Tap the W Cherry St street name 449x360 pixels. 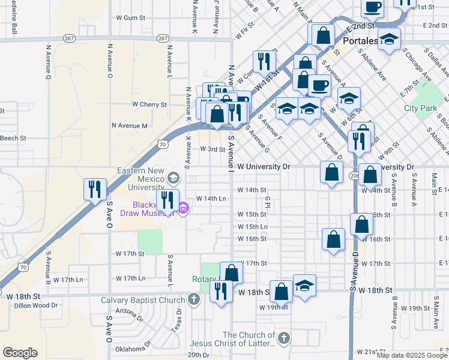149,104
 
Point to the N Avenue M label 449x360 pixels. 130,125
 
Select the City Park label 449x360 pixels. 420,108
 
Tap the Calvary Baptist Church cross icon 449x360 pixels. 193,299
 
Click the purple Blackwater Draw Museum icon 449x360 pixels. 184,209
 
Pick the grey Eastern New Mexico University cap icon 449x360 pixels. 173,177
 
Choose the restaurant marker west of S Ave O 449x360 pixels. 95,190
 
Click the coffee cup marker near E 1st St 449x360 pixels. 372,7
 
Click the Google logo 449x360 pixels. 20,353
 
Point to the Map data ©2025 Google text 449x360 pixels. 411,355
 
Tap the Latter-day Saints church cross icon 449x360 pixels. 283,338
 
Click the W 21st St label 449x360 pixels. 371,352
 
